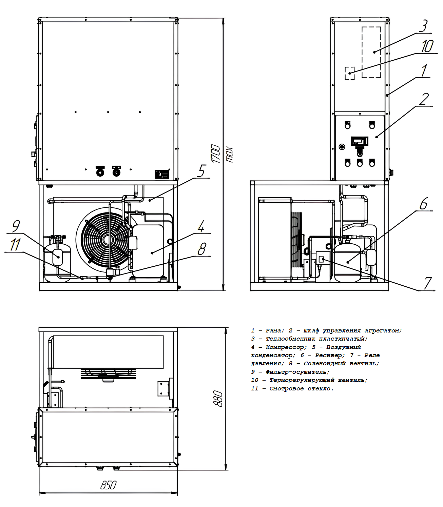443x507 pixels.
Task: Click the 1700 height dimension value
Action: (x=216, y=154)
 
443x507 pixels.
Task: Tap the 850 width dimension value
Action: (x=109, y=485)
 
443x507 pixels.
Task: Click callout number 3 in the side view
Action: (x=424, y=26)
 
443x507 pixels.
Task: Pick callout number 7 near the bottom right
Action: (x=428, y=283)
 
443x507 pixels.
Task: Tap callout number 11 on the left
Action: (x=15, y=245)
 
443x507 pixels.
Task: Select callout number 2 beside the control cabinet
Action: (x=424, y=99)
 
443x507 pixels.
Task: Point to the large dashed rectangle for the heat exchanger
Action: (x=371, y=52)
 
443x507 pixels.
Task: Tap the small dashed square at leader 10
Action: (x=349, y=73)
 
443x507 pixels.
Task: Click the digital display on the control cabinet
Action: (x=360, y=141)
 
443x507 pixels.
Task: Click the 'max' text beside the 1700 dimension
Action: (x=230, y=155)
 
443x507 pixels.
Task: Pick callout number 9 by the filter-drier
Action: (x=16, y=226)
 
